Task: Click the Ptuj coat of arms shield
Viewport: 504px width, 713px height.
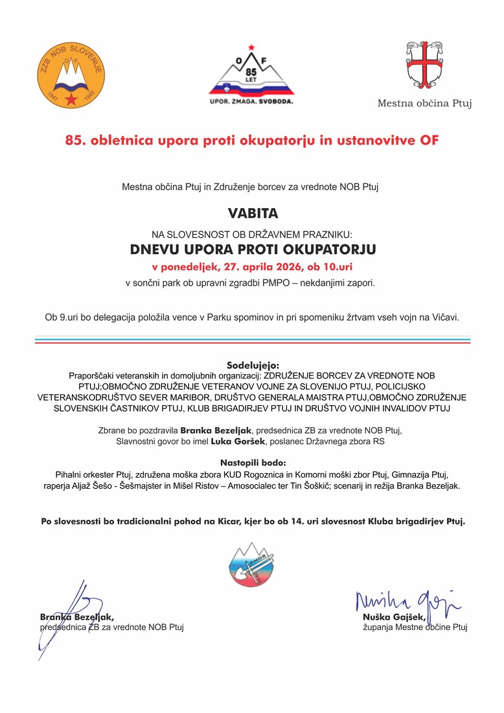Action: pyautogui.click(x=424, y=65)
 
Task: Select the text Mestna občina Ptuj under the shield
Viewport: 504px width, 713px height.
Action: pyautogui.click(x=424, y=103)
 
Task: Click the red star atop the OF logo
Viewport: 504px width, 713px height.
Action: pyautogui.click(x=252, y=46)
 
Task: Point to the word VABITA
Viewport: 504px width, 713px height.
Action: pyautogui.click(x=252, y=213)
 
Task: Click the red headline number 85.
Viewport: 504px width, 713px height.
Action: pyautogui.click(x=74, y=140)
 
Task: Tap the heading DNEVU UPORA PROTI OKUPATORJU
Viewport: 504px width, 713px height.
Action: pyautogui.click(x=253, y=249)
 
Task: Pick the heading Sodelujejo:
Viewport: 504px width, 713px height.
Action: pyautogui.click(x=253, y=365)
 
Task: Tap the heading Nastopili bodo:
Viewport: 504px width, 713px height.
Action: pyautogui.click(x=253, y=463)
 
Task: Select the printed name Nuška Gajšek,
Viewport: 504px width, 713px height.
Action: pyautogui.click(x=394, y=617)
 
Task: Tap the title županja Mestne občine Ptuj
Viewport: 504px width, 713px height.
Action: pyautogui.click(x=415, y=627)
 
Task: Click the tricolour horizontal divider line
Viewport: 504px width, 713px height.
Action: pyautogui.click(x=253, y=340)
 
